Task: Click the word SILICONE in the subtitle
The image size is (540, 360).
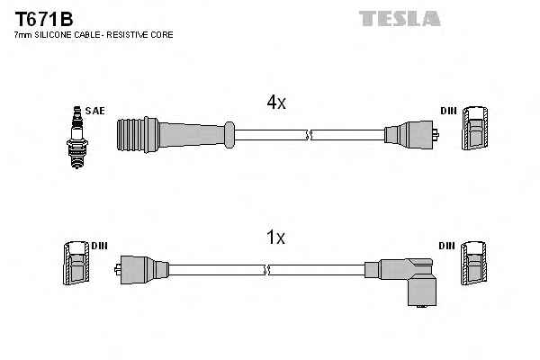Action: (60, 34)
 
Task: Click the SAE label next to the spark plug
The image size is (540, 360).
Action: (95, 111)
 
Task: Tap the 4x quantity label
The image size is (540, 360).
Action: (276, 103)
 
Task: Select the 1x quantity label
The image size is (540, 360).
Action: (276, 238)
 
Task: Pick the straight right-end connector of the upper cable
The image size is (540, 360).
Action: (410, 136)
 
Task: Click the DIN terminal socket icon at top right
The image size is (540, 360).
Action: (475, 130)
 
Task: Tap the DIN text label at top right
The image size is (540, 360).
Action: (448, 111)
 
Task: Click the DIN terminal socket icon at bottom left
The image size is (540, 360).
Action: (76, 265)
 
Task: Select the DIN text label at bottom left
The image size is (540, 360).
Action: (99, 245)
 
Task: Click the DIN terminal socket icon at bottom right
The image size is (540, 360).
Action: (475, 265)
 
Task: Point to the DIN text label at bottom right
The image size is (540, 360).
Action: (447, 245)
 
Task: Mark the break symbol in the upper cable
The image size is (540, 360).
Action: (308, 135)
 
